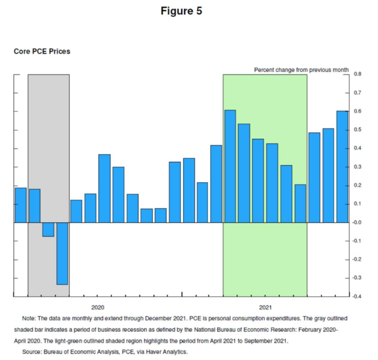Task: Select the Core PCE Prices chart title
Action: pos(42,52)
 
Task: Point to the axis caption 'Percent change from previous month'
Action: pos(301,70)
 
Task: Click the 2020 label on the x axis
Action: pos(97,307)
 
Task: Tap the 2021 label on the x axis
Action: pos(265,307)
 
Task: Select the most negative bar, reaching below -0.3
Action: pos(62,254)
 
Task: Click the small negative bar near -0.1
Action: pos(48,229)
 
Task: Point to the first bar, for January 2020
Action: pos(21,205)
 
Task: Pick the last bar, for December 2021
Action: pos(342,167)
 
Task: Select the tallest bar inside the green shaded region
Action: pos(230,166)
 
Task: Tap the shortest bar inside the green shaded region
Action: pos(300,203)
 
